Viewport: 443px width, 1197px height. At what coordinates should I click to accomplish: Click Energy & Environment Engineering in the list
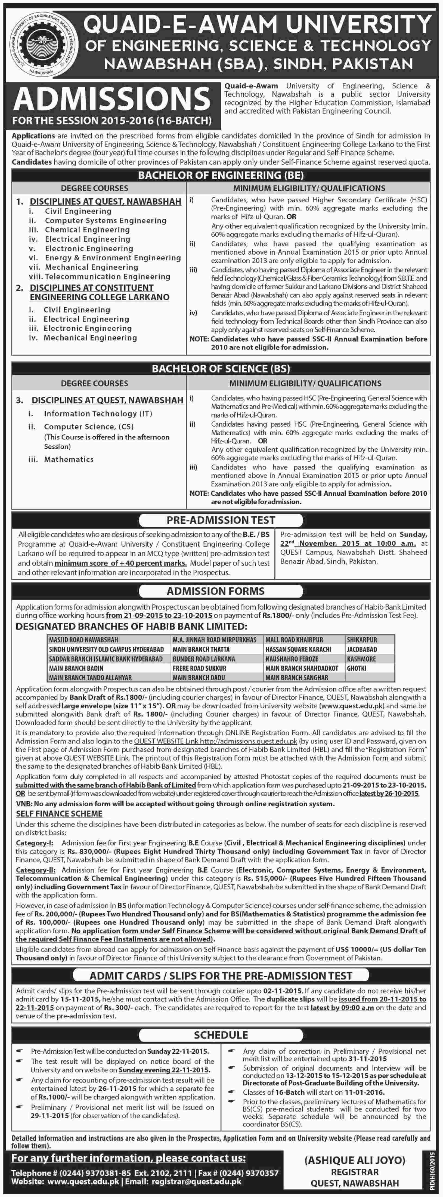[x=112, y=257]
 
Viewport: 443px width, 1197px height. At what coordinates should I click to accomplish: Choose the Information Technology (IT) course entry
[x=98, y=413]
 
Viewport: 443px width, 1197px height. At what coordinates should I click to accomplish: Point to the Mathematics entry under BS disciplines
[x=69, y=459]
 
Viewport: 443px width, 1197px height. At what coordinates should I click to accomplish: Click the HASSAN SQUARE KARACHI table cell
[x=298, y=649]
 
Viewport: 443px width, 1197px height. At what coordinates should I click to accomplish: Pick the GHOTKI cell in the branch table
[x=357, y=668]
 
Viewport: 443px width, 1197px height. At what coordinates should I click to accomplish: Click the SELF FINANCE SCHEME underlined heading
[x=59, y=814]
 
